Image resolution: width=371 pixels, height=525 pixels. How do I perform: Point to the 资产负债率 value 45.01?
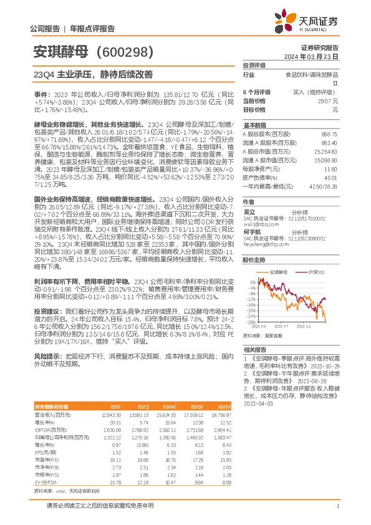point(330,177)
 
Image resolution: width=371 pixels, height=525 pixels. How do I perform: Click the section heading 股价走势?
point(254,259)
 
